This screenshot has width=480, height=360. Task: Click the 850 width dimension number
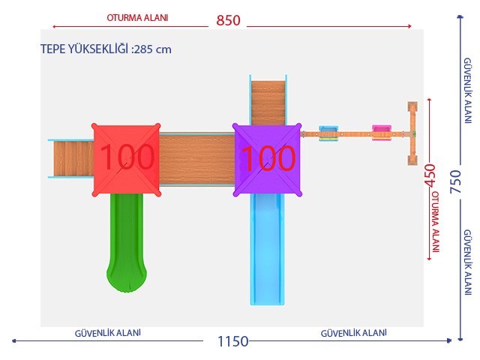(x=228, y=20)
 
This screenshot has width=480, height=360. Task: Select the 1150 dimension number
(x=232, y=341)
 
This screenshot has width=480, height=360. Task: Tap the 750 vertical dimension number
(x=455, y=181)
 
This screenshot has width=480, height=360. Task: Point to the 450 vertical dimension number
(x=430, y=175)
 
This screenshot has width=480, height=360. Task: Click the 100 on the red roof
(x=127, y=157)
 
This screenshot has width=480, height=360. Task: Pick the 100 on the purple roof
(x=268, y=158)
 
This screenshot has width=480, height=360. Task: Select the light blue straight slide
(x=267, y=250)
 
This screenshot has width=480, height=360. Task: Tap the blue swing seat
(x=328, y=133)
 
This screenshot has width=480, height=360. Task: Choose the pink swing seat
(x=382, y=133)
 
